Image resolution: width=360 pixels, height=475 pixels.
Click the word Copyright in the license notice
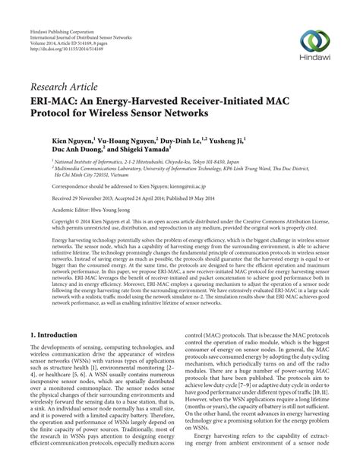click(x=44, y=223)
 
